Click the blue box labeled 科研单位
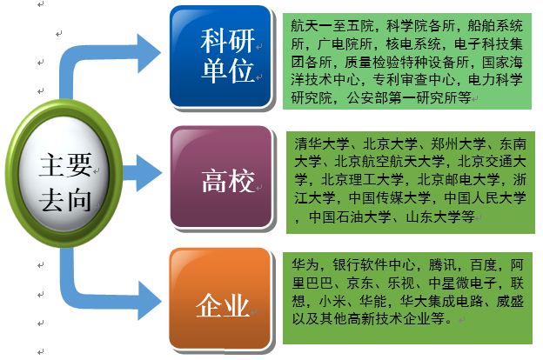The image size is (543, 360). (x=220, y=56)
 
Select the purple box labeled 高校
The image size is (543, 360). (x=221, y=177)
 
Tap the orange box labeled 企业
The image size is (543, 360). (x=220, y=298)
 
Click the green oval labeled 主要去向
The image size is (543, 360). (x=64, y=173)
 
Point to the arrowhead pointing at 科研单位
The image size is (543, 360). (x=149, y=53)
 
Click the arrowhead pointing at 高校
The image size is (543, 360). (x=149, y=173)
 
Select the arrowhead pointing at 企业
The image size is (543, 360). (x=150, y=301)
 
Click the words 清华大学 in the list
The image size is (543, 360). (x=321, y=143)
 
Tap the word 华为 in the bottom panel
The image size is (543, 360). (x=305, y=265)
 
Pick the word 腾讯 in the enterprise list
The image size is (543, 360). (x=442, y=265)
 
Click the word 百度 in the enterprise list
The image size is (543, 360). (x=483, y=265)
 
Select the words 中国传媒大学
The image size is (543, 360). (x=390, y=197)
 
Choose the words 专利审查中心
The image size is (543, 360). (x=413, y=79)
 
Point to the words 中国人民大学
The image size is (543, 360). (x=486, y=197)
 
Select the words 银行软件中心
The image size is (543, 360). (x=373, y=265)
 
